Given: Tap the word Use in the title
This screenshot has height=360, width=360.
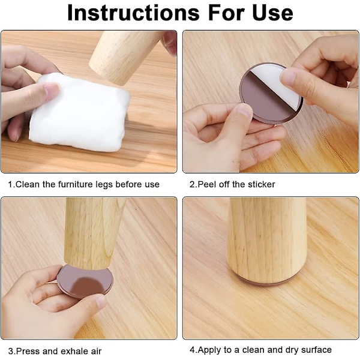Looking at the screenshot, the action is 272,13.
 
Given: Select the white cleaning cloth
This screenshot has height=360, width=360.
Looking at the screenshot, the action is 80,112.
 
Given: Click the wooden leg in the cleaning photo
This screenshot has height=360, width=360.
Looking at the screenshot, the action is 127,56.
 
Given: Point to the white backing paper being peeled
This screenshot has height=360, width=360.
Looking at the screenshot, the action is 278,86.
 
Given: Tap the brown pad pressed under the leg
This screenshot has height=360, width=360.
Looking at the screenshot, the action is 85,281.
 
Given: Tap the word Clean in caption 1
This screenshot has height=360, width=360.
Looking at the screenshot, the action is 28,184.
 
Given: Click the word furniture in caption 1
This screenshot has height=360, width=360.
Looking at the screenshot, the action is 76,184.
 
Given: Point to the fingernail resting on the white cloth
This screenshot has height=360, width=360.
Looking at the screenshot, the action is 51,89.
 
